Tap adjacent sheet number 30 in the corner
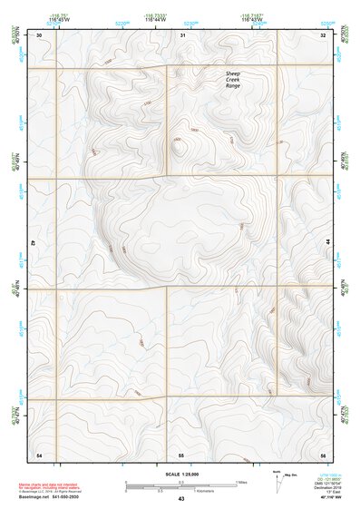pos(39,34)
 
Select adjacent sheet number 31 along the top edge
pos(182,34)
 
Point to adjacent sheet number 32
pos(323,34)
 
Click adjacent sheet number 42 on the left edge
pos(34,243)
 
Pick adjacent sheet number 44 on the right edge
pos(327,243)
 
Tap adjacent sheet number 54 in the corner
pos(39,453)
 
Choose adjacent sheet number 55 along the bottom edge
pos(181,453)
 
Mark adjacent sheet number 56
pos(323,453)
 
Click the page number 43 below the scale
pos(180,498)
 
